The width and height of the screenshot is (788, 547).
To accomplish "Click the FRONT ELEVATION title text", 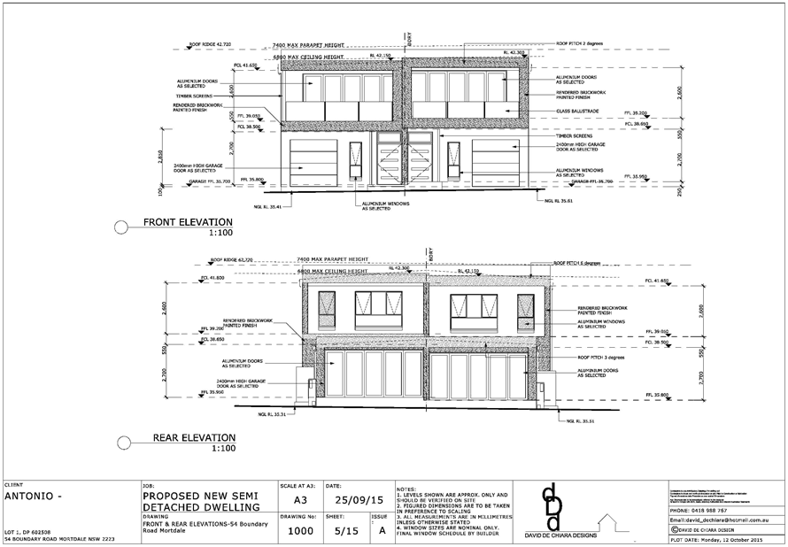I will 188,222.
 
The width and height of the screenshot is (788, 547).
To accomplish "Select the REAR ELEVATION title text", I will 194,437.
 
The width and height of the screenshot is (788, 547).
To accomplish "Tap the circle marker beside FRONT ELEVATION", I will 120,227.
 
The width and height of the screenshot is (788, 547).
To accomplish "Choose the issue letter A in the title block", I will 382,531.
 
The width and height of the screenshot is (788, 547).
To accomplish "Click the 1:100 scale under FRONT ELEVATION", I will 221,232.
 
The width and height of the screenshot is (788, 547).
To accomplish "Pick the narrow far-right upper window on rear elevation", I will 526,308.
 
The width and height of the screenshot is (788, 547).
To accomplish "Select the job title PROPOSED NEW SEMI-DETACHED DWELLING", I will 203,501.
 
